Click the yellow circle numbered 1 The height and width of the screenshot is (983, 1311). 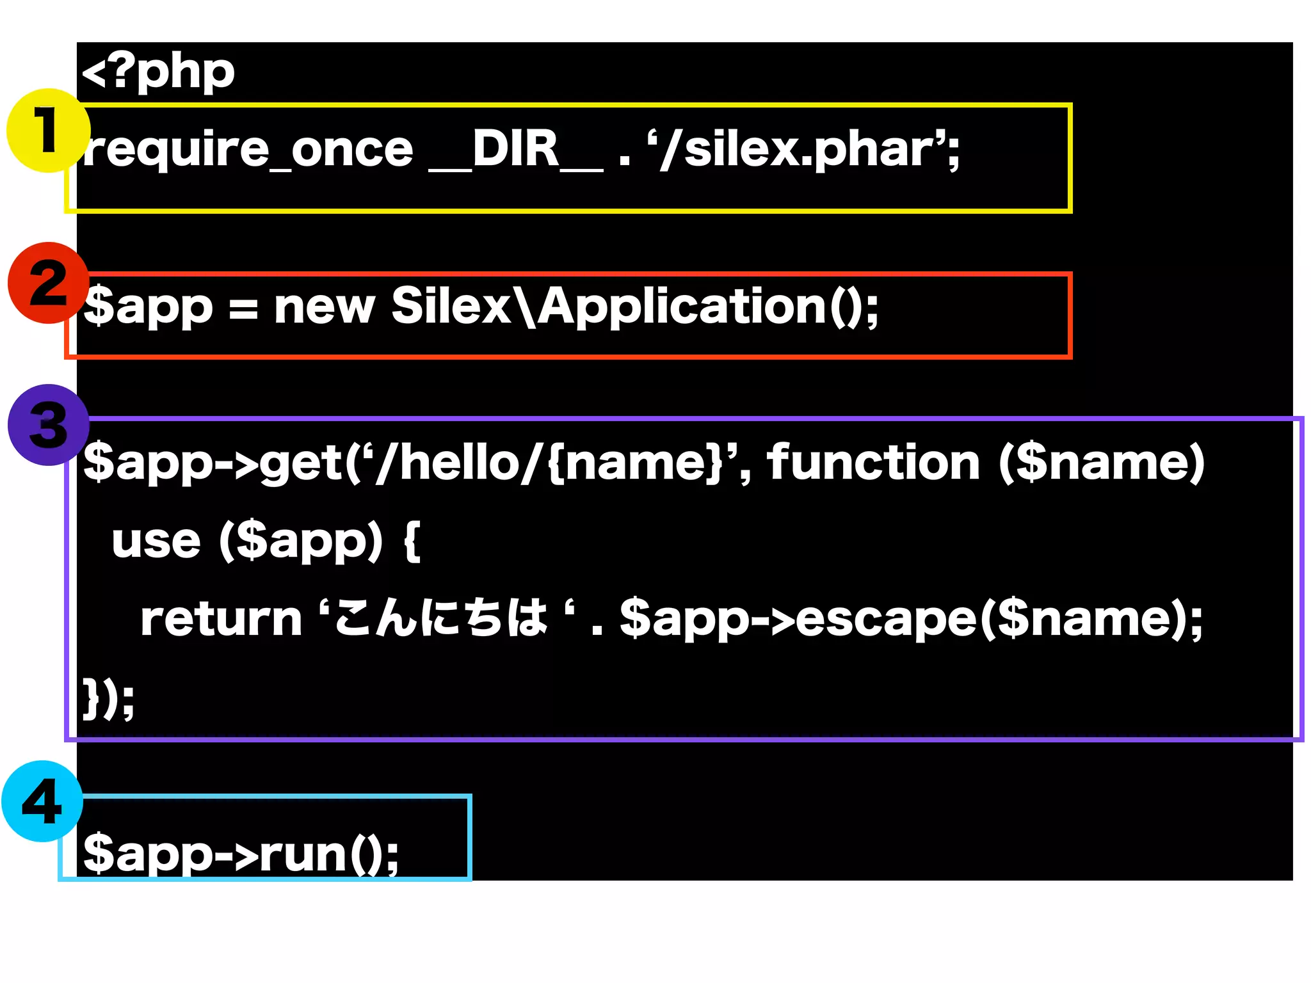[x=48, y=131]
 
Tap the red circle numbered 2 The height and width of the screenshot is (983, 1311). [x=48, y=283]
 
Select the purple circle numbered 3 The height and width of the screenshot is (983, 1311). [x=48, y=425]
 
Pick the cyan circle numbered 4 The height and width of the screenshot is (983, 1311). [x=42, y=801]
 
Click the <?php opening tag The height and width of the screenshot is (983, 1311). [x=158, y=72]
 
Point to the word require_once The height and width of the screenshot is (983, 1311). [x=248, y=150]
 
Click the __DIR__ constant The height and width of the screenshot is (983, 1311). [x=515, y=150]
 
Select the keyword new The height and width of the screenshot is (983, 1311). [x=324, y=307]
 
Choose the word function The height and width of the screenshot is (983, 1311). [x=873, y=462]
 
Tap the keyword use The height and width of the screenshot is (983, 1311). [x=156, y=541]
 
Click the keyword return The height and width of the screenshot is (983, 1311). [x=221, y=619]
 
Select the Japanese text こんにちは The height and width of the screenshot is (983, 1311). [x=440, y=619]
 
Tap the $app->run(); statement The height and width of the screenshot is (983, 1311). [x=241, y=854]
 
